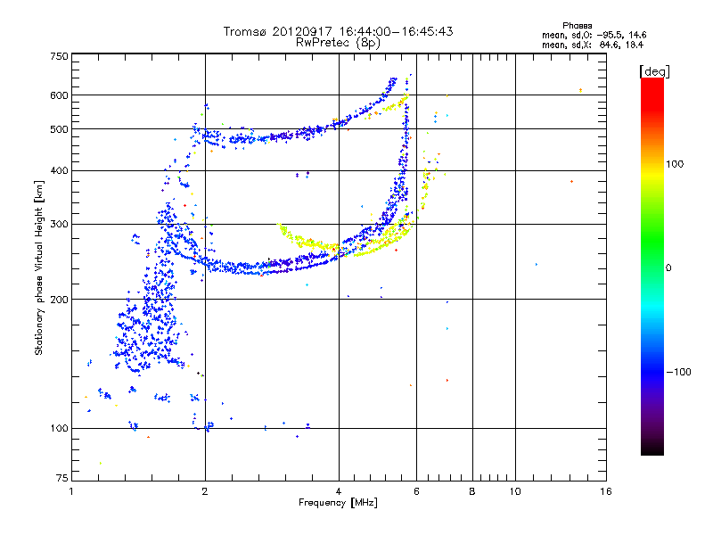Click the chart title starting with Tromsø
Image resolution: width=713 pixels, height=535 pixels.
[339, 31]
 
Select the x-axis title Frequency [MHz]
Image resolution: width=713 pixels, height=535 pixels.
[338, 504]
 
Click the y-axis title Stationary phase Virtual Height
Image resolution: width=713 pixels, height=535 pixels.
[39, 267]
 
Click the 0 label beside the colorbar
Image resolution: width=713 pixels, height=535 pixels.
[668, 267]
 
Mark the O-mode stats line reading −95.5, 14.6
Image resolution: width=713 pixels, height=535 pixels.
[593, 35]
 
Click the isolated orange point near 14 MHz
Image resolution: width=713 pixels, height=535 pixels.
[580, 90]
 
